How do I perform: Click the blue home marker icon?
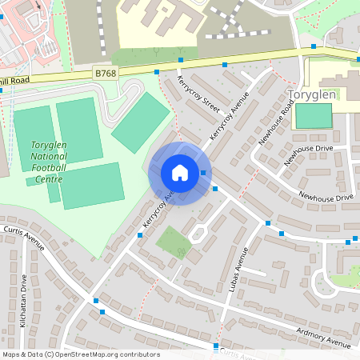(x=179, y=172)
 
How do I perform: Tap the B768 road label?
(x=106, y=74)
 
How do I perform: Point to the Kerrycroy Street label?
(x=200, y=95)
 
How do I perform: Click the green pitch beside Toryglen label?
(x=313, y=116)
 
